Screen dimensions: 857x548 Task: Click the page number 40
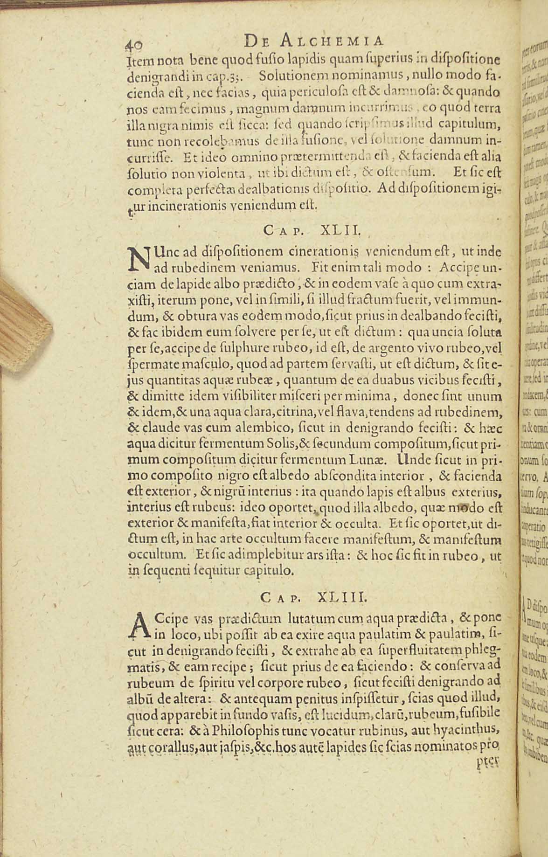coord(134,44)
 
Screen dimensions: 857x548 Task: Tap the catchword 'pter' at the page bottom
coord(487,760)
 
